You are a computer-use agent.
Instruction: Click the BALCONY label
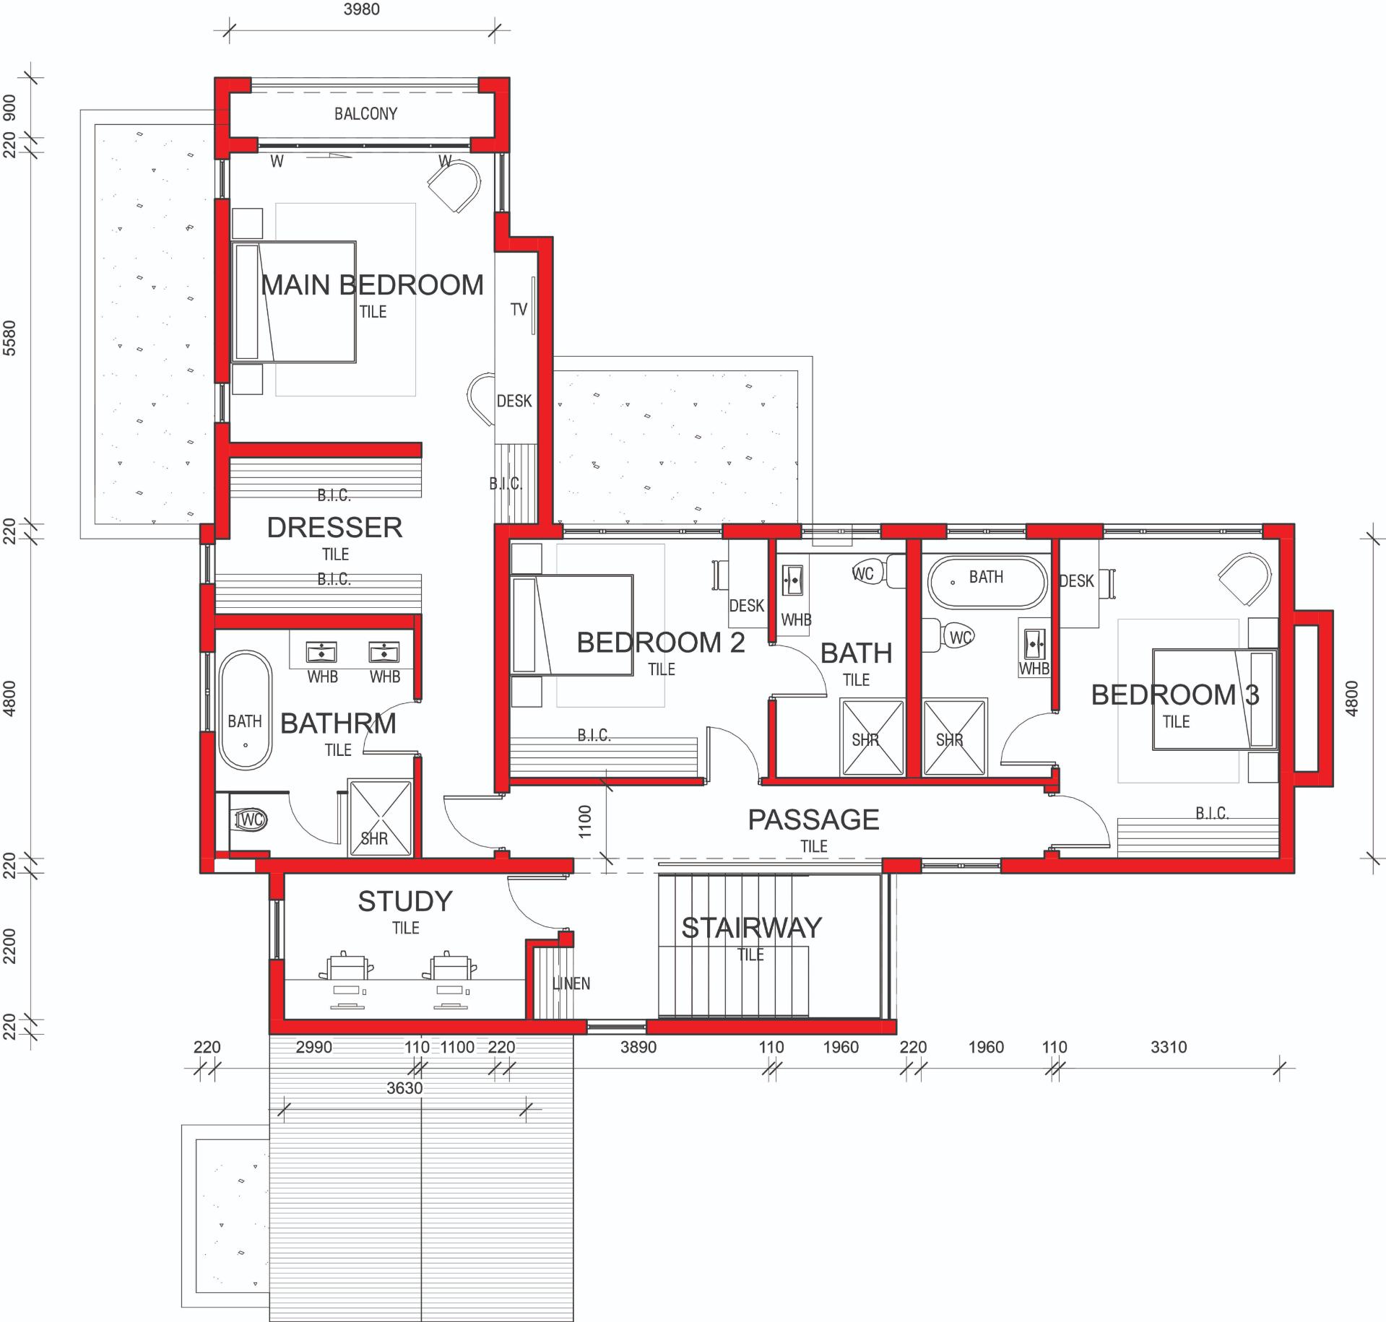(x=365, y=113)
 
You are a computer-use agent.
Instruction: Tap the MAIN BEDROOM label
(x=372, y=285)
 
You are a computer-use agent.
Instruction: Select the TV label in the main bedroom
(x=519, y=310)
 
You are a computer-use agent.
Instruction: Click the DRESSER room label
(x=334, y=528)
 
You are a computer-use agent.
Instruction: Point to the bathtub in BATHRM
(x=246, y=710)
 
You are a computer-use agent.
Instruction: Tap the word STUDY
(x=405, y=901)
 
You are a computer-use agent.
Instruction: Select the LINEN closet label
(x=571, y=983)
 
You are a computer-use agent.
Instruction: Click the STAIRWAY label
(x=751, y=928)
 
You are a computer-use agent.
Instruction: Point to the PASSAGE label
(x=813, y=819)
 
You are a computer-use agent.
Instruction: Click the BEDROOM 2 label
(x=660, y=642)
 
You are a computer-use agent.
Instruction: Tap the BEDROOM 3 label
(x=1175, y=695)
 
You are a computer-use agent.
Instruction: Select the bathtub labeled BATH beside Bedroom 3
(x=987, y=581)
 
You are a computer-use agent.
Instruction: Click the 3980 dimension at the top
(x=362, y=9)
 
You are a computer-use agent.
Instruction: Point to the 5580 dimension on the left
(x=9, y=339)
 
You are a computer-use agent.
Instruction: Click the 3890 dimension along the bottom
(x=638, y=1047)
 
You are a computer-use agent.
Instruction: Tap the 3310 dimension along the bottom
(x=1169, y=1047)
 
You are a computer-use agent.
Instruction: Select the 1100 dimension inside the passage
(x=585, y=821)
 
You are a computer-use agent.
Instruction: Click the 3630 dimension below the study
(x=404, y=1088)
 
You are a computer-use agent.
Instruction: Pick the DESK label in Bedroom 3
(x=1076, y=581)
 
